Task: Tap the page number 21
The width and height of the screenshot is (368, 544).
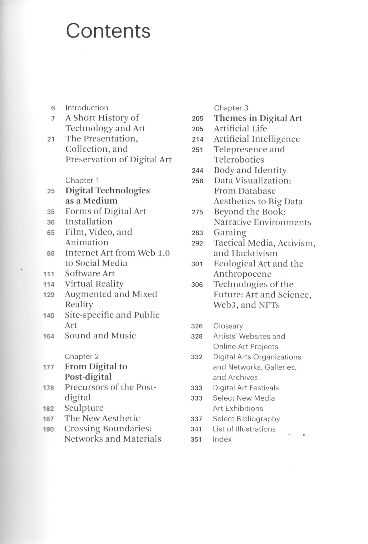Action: pos(51,139)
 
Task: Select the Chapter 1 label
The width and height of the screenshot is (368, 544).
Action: pos(82,180)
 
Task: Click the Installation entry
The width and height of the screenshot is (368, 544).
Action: pos(89,221)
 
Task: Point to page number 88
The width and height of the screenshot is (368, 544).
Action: pos(51,253)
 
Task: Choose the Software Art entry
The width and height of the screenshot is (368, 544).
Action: pos(90,273)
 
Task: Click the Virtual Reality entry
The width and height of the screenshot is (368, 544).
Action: pos(94,284)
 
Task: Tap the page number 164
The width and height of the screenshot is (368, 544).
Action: pos(49,336)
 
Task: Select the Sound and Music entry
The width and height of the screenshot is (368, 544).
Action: pos(100,336)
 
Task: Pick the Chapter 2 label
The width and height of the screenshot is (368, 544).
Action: pos(82,356)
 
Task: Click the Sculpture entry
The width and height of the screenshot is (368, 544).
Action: pos(84,408)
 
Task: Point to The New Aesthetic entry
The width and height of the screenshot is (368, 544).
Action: pos(102,418)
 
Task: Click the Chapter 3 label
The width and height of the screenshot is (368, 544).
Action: pos(231,108)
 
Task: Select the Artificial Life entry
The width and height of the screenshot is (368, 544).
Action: pos(240,128)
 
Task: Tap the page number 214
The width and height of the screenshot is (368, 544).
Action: pos(197,139)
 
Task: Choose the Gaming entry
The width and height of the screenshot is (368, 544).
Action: pos(230,232)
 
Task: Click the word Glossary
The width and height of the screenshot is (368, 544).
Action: pos(228,326)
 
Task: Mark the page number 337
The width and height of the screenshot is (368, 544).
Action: pos(196,419)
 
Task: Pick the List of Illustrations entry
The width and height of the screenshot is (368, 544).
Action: pos(244,429)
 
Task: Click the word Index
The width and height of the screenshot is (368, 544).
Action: pos(222,439)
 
